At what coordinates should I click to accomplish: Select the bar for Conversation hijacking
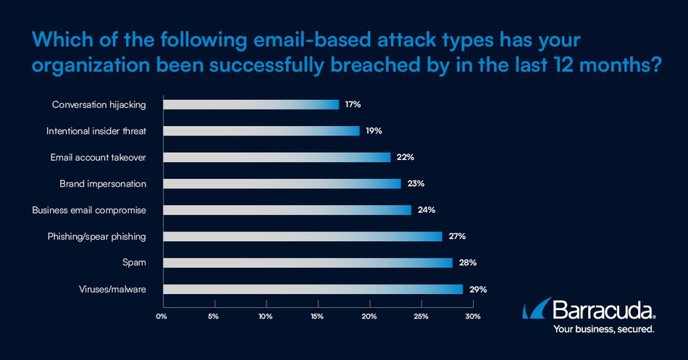tap(251, 104)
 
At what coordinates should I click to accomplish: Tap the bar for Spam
tap(308, 262)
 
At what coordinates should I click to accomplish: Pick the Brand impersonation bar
tap(282, 183)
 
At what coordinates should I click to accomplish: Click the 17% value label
tap(353, 104)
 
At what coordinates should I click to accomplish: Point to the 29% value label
tap(477, 289)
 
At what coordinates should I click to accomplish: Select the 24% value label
tap(426, 210)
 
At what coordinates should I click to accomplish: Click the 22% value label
tap(405, 157)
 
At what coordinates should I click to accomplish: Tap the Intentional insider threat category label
tap(96, 131)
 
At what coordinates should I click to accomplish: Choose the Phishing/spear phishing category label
tap(96, 236)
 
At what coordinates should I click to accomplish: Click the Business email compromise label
tap(89, 210)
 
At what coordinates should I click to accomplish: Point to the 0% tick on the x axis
tap(162, 317)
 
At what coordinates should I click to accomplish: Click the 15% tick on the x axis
tap(317, 317)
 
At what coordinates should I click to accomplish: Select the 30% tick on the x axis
tap(472, 317)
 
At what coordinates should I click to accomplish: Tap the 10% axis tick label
tap(266, 317)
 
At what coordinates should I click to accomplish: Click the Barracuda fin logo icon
tap(535, 310)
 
